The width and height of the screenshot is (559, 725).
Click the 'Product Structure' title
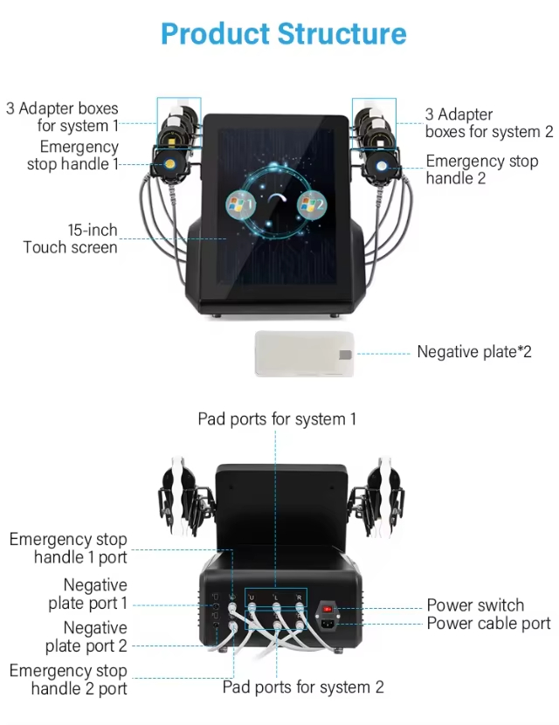[x=283, y=34]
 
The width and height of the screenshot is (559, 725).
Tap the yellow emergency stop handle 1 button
[x=169, y=164]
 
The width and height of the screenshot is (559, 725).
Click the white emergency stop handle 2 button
[x=382, y=166]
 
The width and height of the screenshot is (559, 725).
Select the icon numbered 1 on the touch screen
[x=240, y=204]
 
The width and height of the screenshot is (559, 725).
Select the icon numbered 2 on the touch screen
[x=312, y=204]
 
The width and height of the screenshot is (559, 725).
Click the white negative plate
[x=304, y=354]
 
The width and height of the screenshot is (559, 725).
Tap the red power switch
[x=328, y=609]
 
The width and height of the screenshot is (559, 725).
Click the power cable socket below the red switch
[x=328, y=624]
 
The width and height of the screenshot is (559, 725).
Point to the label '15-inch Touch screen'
[x=70, y=238]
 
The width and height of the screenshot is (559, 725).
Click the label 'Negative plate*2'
[x=474, y=352]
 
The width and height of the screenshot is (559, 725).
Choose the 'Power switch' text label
[x=475, y=604]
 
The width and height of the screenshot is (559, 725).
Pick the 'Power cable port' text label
[x=489, y=624]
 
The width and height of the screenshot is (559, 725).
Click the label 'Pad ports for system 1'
[x=277, y=419]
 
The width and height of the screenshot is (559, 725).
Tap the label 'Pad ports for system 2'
[x=303, y=687]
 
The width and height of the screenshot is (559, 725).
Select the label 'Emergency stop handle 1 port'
[x=68, y=548]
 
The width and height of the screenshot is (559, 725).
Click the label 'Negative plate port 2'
[x=86, y=637]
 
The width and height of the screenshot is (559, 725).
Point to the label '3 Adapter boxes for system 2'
[x=489, y=123]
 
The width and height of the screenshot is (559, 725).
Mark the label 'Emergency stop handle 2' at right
[x=482, y=169]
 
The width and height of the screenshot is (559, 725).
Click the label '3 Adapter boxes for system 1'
[x=62, y=117]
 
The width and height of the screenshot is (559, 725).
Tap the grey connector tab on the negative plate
[x=345, y=354]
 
